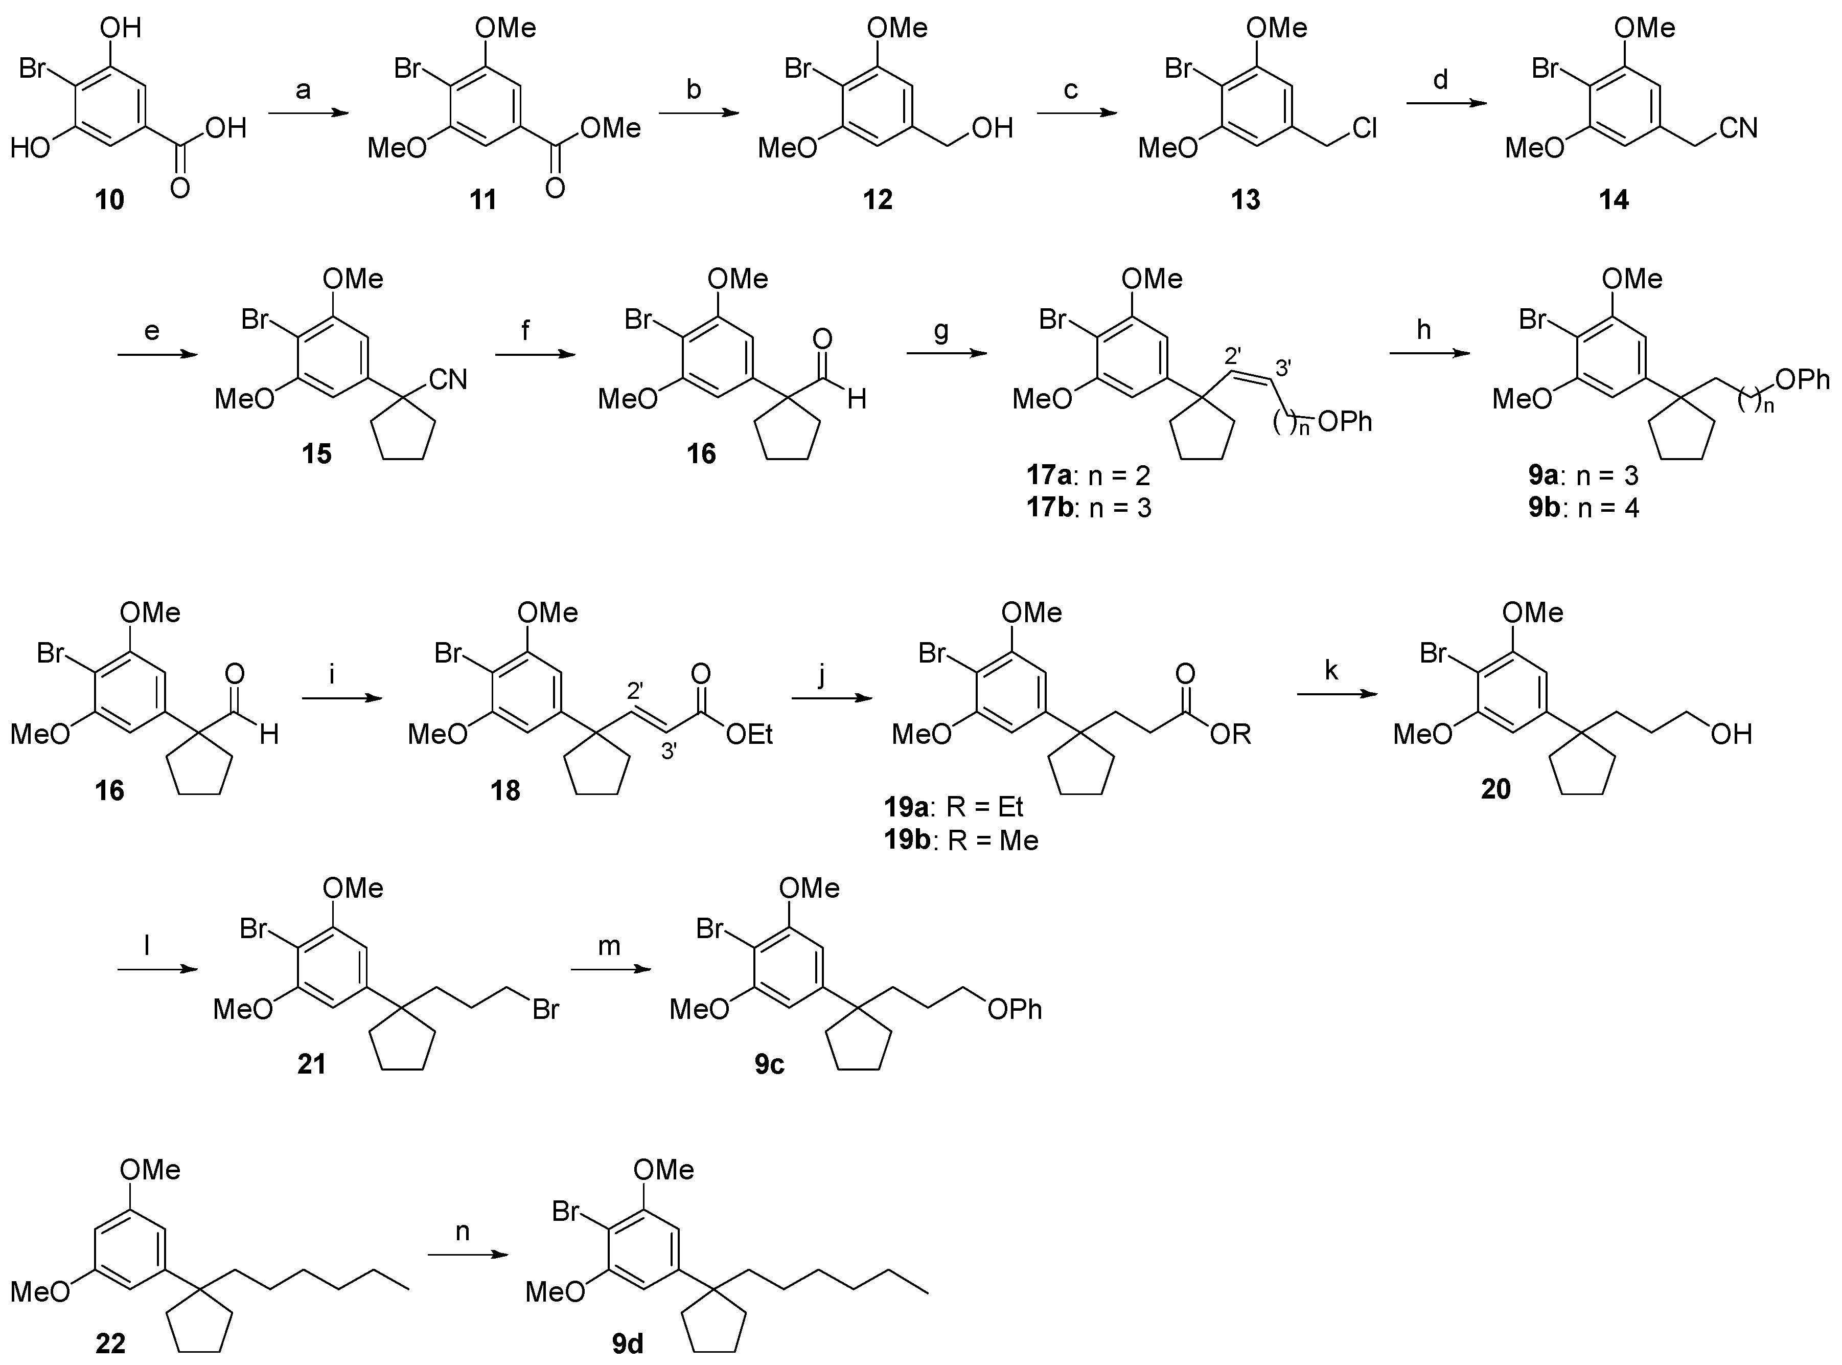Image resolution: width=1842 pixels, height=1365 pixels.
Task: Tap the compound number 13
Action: (x=1245, y=199)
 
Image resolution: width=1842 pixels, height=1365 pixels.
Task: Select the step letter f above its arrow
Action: (x=525, y=330)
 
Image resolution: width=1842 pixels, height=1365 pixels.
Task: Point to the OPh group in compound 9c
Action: (x=1015, y=1009)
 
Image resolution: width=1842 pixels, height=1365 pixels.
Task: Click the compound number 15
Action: (x=316, y=453)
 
